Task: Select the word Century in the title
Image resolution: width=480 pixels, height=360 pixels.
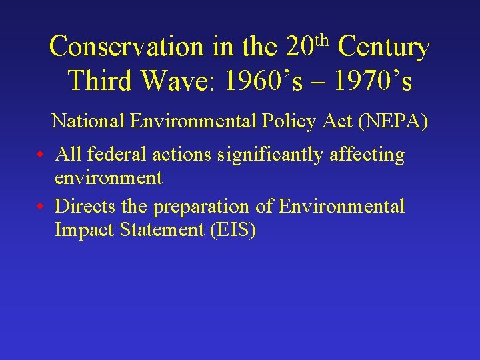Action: click(383, 47)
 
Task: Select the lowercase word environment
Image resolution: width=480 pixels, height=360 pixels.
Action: click(109, 178)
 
